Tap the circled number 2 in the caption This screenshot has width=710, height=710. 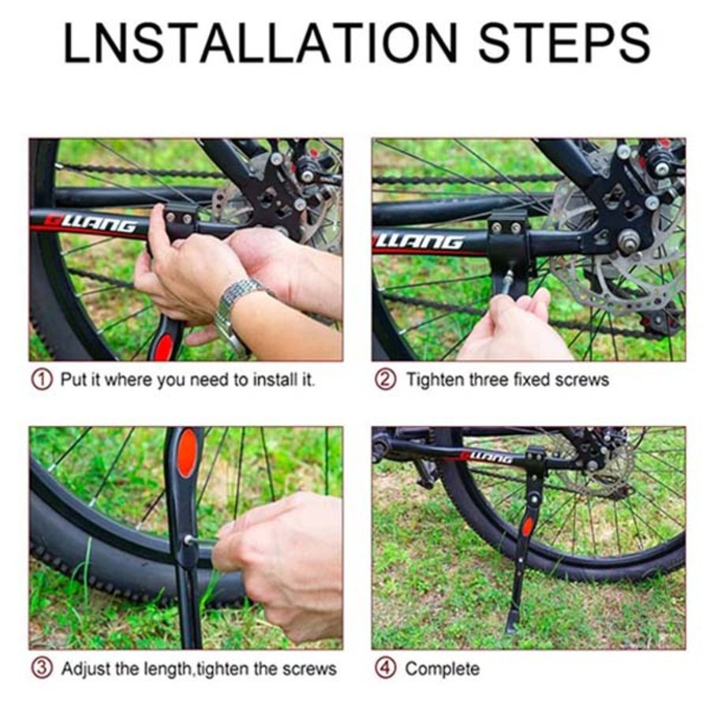385,379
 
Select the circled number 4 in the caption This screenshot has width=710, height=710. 385,669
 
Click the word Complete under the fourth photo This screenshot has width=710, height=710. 442,669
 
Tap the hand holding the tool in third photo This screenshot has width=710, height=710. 284,560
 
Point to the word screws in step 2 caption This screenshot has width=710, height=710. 581,379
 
